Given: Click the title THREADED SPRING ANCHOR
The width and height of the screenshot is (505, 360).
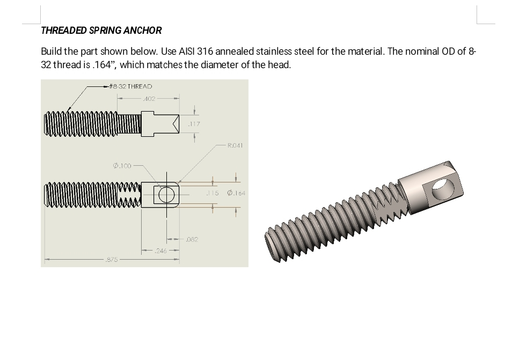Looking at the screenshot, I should [101, 31].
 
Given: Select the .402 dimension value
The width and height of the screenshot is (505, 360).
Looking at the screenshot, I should [149, 99].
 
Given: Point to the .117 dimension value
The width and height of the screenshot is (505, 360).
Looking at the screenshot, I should [193, 124].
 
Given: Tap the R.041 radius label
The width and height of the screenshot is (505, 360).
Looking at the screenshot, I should [235, 145].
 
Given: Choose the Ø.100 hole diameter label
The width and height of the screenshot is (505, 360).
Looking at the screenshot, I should [122, 166].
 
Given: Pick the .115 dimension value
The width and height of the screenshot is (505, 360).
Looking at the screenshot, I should [213, 193].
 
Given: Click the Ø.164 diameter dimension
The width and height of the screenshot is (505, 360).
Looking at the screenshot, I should [236, 193].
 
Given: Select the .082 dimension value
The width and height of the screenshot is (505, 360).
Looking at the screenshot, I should [192, 240].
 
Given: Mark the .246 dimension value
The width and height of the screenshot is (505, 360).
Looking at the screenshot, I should [160, 251].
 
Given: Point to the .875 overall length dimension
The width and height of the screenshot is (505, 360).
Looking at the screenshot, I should [112, 260].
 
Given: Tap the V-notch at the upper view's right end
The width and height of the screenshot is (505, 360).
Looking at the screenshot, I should [174, 124].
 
